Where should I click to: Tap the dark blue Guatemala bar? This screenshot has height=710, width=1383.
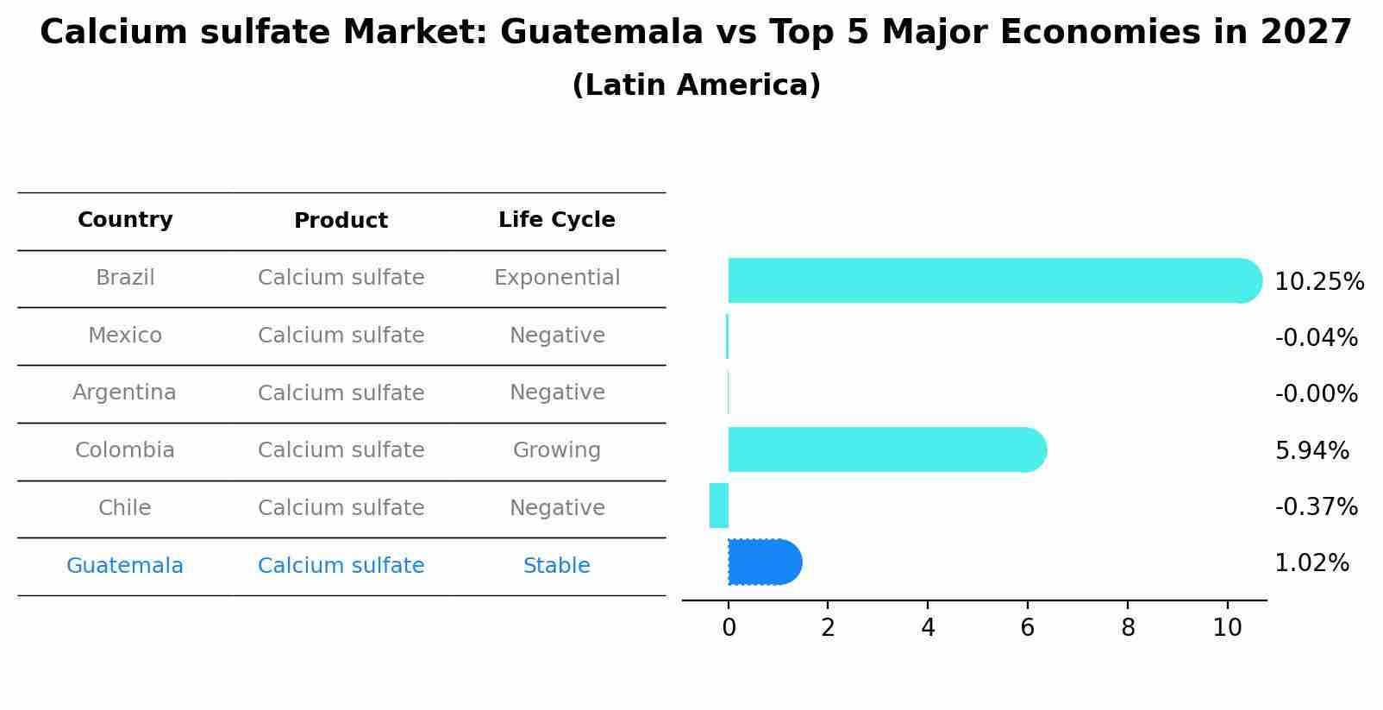(764, 562)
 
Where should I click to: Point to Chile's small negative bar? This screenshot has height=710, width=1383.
(719, 506)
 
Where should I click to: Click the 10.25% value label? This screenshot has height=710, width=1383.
(1318, 282)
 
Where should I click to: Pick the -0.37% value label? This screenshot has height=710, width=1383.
(1316, 506)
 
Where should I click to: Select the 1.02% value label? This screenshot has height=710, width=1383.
(1311, 563)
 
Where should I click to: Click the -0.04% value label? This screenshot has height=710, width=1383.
(1316, 337)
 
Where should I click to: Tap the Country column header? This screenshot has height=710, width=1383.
(125, 220)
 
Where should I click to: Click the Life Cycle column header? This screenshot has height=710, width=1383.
(556, 220)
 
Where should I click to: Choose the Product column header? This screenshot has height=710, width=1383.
(341, 221)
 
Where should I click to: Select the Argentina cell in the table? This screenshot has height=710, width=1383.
(124, 393)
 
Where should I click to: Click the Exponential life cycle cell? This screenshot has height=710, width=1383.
(556, 278)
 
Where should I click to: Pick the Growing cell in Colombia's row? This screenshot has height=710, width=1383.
(556, 450)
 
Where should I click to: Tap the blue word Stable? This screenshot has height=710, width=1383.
(556, 566)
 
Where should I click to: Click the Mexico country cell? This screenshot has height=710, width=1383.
(124, 335)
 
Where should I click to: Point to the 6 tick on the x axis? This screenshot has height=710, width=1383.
(1027, 628)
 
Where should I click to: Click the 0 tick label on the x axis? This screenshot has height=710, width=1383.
(729, 628)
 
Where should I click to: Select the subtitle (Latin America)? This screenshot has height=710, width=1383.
(696, 85)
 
